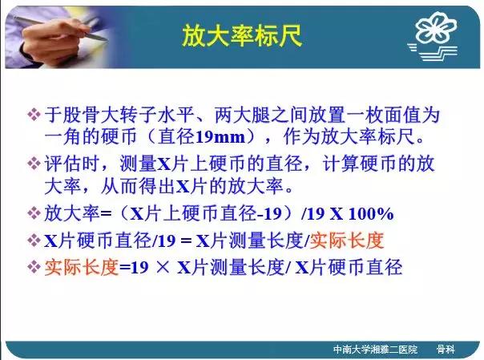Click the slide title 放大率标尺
pyautogui.click(x=242, y=36)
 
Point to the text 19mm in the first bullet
pyautogui.click(x=220, y=137)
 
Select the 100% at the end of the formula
pyautogui.click(x=371, y=213)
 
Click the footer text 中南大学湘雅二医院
pyautogui.click(x=375, y=350)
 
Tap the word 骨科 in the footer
pyautogui.click(x=446, y=350)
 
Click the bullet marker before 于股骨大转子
pyautogui.click(x=34, y=114)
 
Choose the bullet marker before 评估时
pyautogui.click(x=34, y=163)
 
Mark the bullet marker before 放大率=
pyautogui.click(x=34, y=213)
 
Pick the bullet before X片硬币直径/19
pyautogui.click(x=34, y=241)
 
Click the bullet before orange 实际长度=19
pyautogui.click(x=34, y=267)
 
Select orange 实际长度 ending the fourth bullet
pyautogui.click(x=347, y=241)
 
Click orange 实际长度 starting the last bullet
pyautogui.click(x=82, y=267)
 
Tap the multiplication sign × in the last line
pyautogui.click(x=163, y=267)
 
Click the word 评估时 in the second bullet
pyautogui.click(x=72, y=164)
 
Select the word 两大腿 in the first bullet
pyautogui.click(x=243, y=115)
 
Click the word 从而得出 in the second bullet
pyautogui.click(x=139, y=186)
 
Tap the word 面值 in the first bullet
pyautogui.click(x=403, y=115)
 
